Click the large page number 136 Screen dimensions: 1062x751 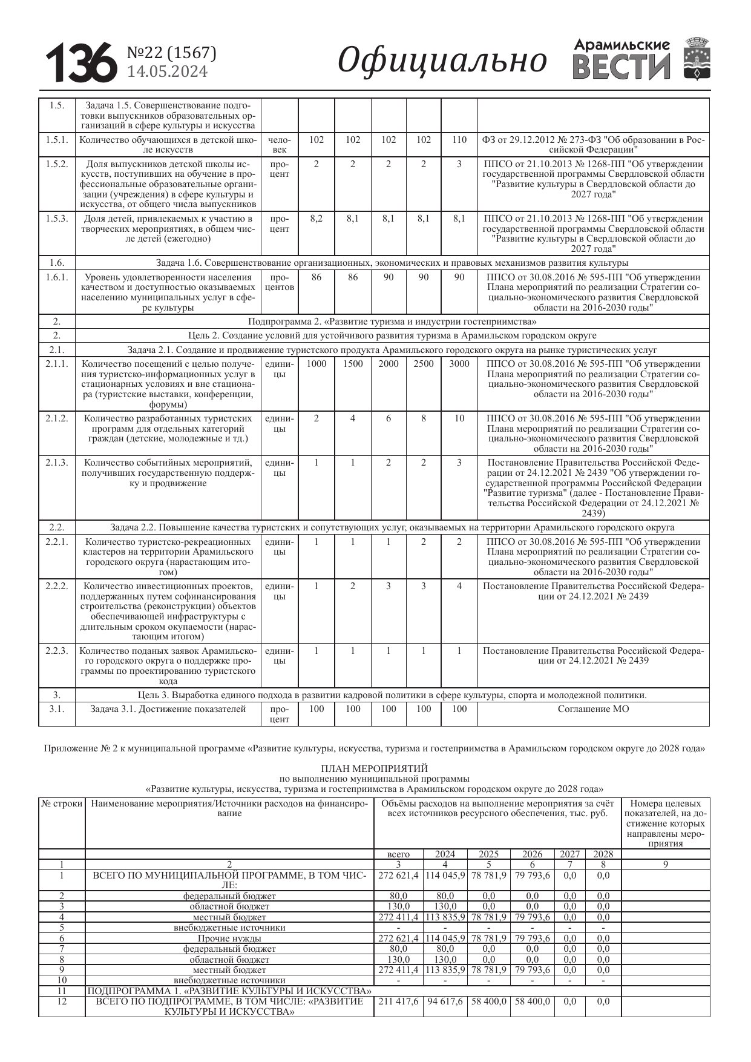pyautogui.click(x=81, y=63)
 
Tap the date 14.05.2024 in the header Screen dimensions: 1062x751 pyautogui.click(x=167, y=72)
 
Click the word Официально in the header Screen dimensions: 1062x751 pyautogui.click(x=442, y=61)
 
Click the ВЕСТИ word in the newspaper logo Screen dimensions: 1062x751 pyautogui.click(x=621, y=67)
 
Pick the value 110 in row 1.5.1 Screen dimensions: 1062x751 pyautogui.click(x=459, y=140)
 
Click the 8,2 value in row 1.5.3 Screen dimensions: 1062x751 pyautogui.click(x=316, y=219)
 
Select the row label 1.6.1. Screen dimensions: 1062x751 pyautogui.click(x=57, y=277)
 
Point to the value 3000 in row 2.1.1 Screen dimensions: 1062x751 pyautogui.click(x=459, y=364)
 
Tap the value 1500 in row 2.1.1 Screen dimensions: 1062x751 pyautogui.click(x=353, y=364)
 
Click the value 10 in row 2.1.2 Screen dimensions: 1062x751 pyautogui.click(x=459, y=418)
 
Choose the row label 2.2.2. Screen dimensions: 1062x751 pyautogui.click(x=57, y=586)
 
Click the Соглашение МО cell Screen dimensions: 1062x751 pyautogui.click(x=593, y=709)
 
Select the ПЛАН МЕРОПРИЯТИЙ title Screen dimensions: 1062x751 pyautogui.click(x=375, y=769)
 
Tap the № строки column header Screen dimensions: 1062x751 pyautogui.click(x=62, y=803)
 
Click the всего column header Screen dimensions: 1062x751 pyautogui.click(x=398, y=854)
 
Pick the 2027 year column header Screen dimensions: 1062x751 pyautogui.click(x=569, y=854)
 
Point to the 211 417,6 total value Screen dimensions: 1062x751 pyautogui.click(x=398, y=1001)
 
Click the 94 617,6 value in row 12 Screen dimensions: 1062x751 pyautogui.click(x=445, y=1001)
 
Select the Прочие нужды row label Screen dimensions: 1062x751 pyautogui.click(x=229, y=938)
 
